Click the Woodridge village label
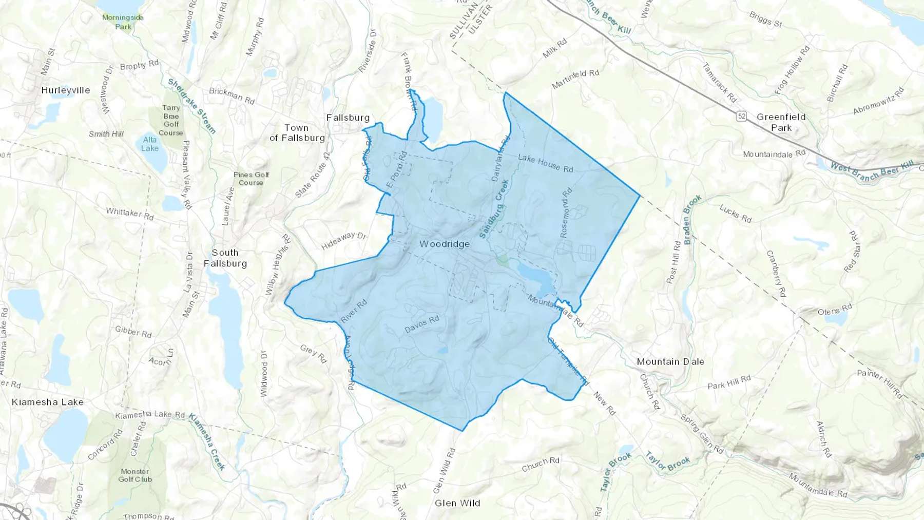pyautogui.click(x=445, y=244)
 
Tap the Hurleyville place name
pyautogui.click(x=66, y=90)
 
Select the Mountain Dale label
pyautogui.click(x=670, y=361)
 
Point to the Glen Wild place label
pyautogui.click(x=457, y=503)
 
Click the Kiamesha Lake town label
pyautogui.click(x=48, y=402)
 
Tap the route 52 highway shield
pyautogui.click(x=741, y=116)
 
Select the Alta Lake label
pyautogui.click(x=150, y=144)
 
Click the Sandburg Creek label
pyautogui.click(x=494, y=208)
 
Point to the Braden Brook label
pyautogui.click(x=692, y=219)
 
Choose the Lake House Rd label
pyautogui.click(x=545, y=163)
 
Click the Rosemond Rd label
pyautogui.click(x=566, y=213)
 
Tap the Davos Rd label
pyautogui.click(x=422, y=324)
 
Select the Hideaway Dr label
pyautogui.click(x=344, y=240)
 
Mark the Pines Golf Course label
pyautogui.click(x=251, y=179)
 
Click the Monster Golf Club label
pyautogui.click(x=135, y=475)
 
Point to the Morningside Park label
pyautogui.click(x=123, y=22)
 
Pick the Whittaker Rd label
pyautogui.click(x=130, y=214)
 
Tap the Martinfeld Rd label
pyautogui.click(x=575, y=79)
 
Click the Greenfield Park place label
pyautogui.click(x=781, y=122)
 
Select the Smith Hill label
pyautogui.click(x=106, y=134)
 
